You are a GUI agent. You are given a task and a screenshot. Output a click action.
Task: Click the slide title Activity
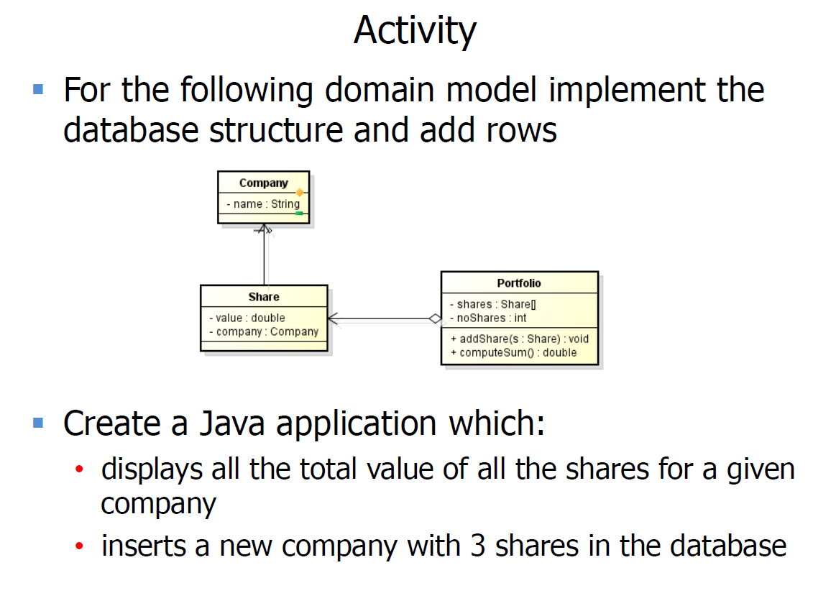tap(415, 31)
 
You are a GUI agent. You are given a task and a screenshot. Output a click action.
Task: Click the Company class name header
tap(263, 183)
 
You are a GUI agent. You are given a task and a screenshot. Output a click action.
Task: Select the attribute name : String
tap(263, 204)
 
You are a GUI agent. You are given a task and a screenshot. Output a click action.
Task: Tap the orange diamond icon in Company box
tap(299, 193)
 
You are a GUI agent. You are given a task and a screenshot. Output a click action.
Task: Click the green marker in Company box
tap(298, 214)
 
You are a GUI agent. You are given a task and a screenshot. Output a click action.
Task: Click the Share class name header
tap(264, 296)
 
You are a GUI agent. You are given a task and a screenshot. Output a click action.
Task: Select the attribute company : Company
tap(263, 331)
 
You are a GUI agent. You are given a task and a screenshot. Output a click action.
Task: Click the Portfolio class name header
tap(519, 283)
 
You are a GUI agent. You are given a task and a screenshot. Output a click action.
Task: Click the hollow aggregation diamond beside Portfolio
tap(434, 318)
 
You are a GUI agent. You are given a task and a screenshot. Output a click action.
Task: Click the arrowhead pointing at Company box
tap(265, 230)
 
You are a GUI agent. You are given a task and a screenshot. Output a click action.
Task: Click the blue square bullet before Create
tap(38, 422)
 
